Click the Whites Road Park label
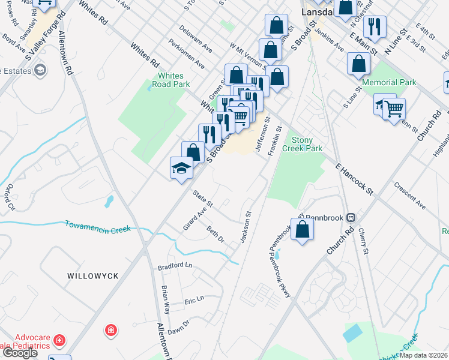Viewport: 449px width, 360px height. click(x=173, y=80)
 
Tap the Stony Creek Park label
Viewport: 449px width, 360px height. click(x=307, y=144)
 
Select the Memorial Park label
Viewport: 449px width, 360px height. click(x=397, y=82)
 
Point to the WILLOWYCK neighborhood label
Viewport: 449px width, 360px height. click(x=93, y=275)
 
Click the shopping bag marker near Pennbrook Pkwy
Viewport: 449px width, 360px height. click(x=303, y=230)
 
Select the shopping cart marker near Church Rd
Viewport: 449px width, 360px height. click(x=394, y=109)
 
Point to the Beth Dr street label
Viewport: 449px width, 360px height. click(x=215, y=235)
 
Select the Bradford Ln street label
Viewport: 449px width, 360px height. click(x=175, y=265)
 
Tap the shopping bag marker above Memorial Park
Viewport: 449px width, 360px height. click(x=358, y=64)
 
